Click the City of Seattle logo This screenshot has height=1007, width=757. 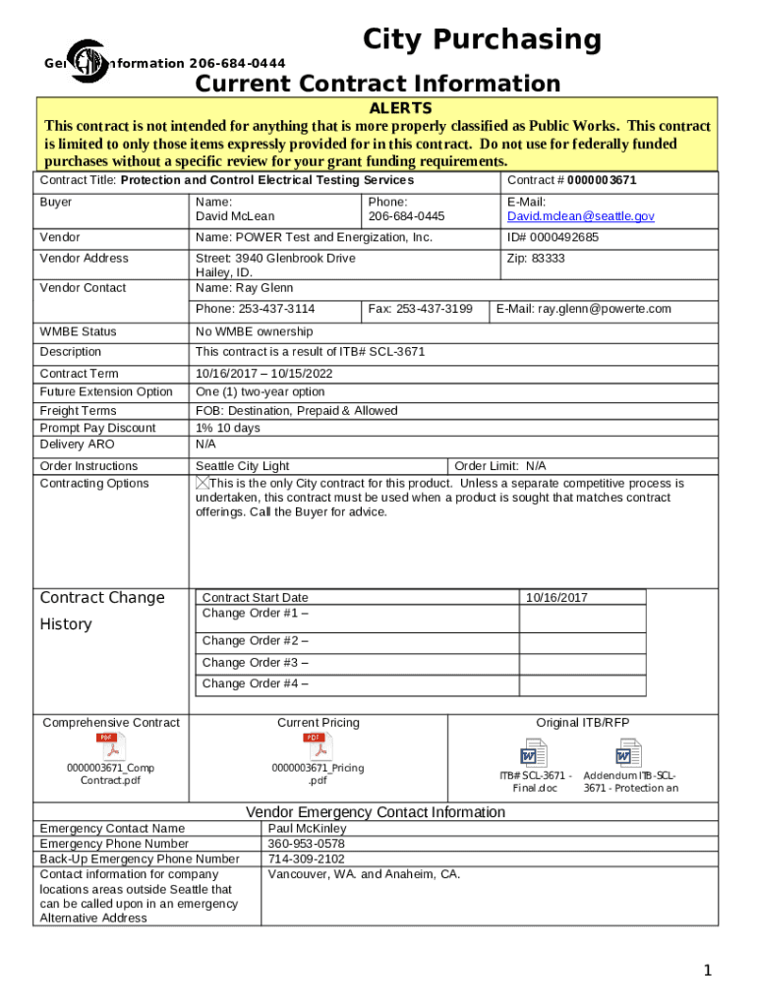[87, 62]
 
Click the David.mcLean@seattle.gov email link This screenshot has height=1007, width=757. [580, 216]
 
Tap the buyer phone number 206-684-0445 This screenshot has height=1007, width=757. [406, 216]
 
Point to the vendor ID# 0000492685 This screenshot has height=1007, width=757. [553, 238]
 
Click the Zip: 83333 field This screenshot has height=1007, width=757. [536, 259]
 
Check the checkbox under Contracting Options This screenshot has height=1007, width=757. [203, 483]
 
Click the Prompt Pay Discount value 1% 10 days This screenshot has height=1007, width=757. [227, 428]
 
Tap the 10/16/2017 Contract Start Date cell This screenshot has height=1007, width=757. [556, 598]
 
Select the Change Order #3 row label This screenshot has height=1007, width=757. [255, 663]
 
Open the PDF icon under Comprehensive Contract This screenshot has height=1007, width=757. [110, 746]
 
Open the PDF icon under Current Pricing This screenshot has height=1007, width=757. [318, 746]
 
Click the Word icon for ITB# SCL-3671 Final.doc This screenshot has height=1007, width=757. [534, 755]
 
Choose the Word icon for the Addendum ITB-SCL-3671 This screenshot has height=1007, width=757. [628, 755]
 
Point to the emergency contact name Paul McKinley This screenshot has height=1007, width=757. [307, 829]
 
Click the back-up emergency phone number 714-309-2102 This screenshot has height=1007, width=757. [306, 859]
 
